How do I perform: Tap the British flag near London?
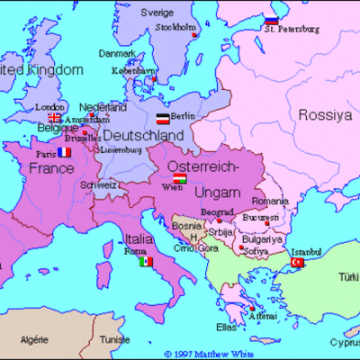[x=55, y=117]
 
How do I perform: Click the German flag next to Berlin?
[x=162, y=118]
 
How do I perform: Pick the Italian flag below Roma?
[x=146, y=262]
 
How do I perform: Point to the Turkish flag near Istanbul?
[x=298, y=262]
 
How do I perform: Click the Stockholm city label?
[x=175, y=27]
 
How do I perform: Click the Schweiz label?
[x=98, y=184]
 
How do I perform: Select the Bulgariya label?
[x=262, y=238]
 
